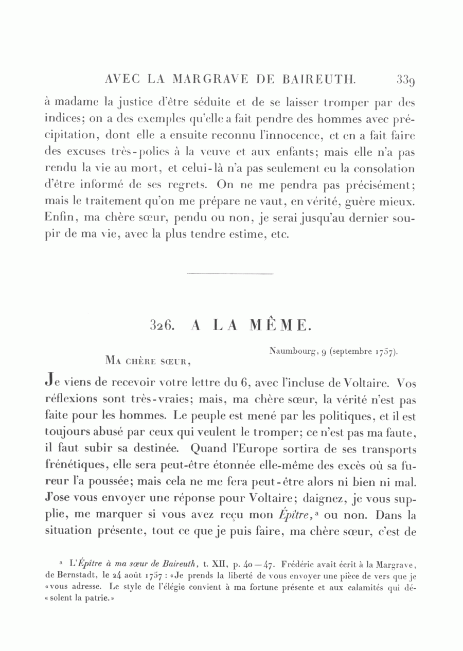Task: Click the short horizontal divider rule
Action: tap(229, 273)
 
